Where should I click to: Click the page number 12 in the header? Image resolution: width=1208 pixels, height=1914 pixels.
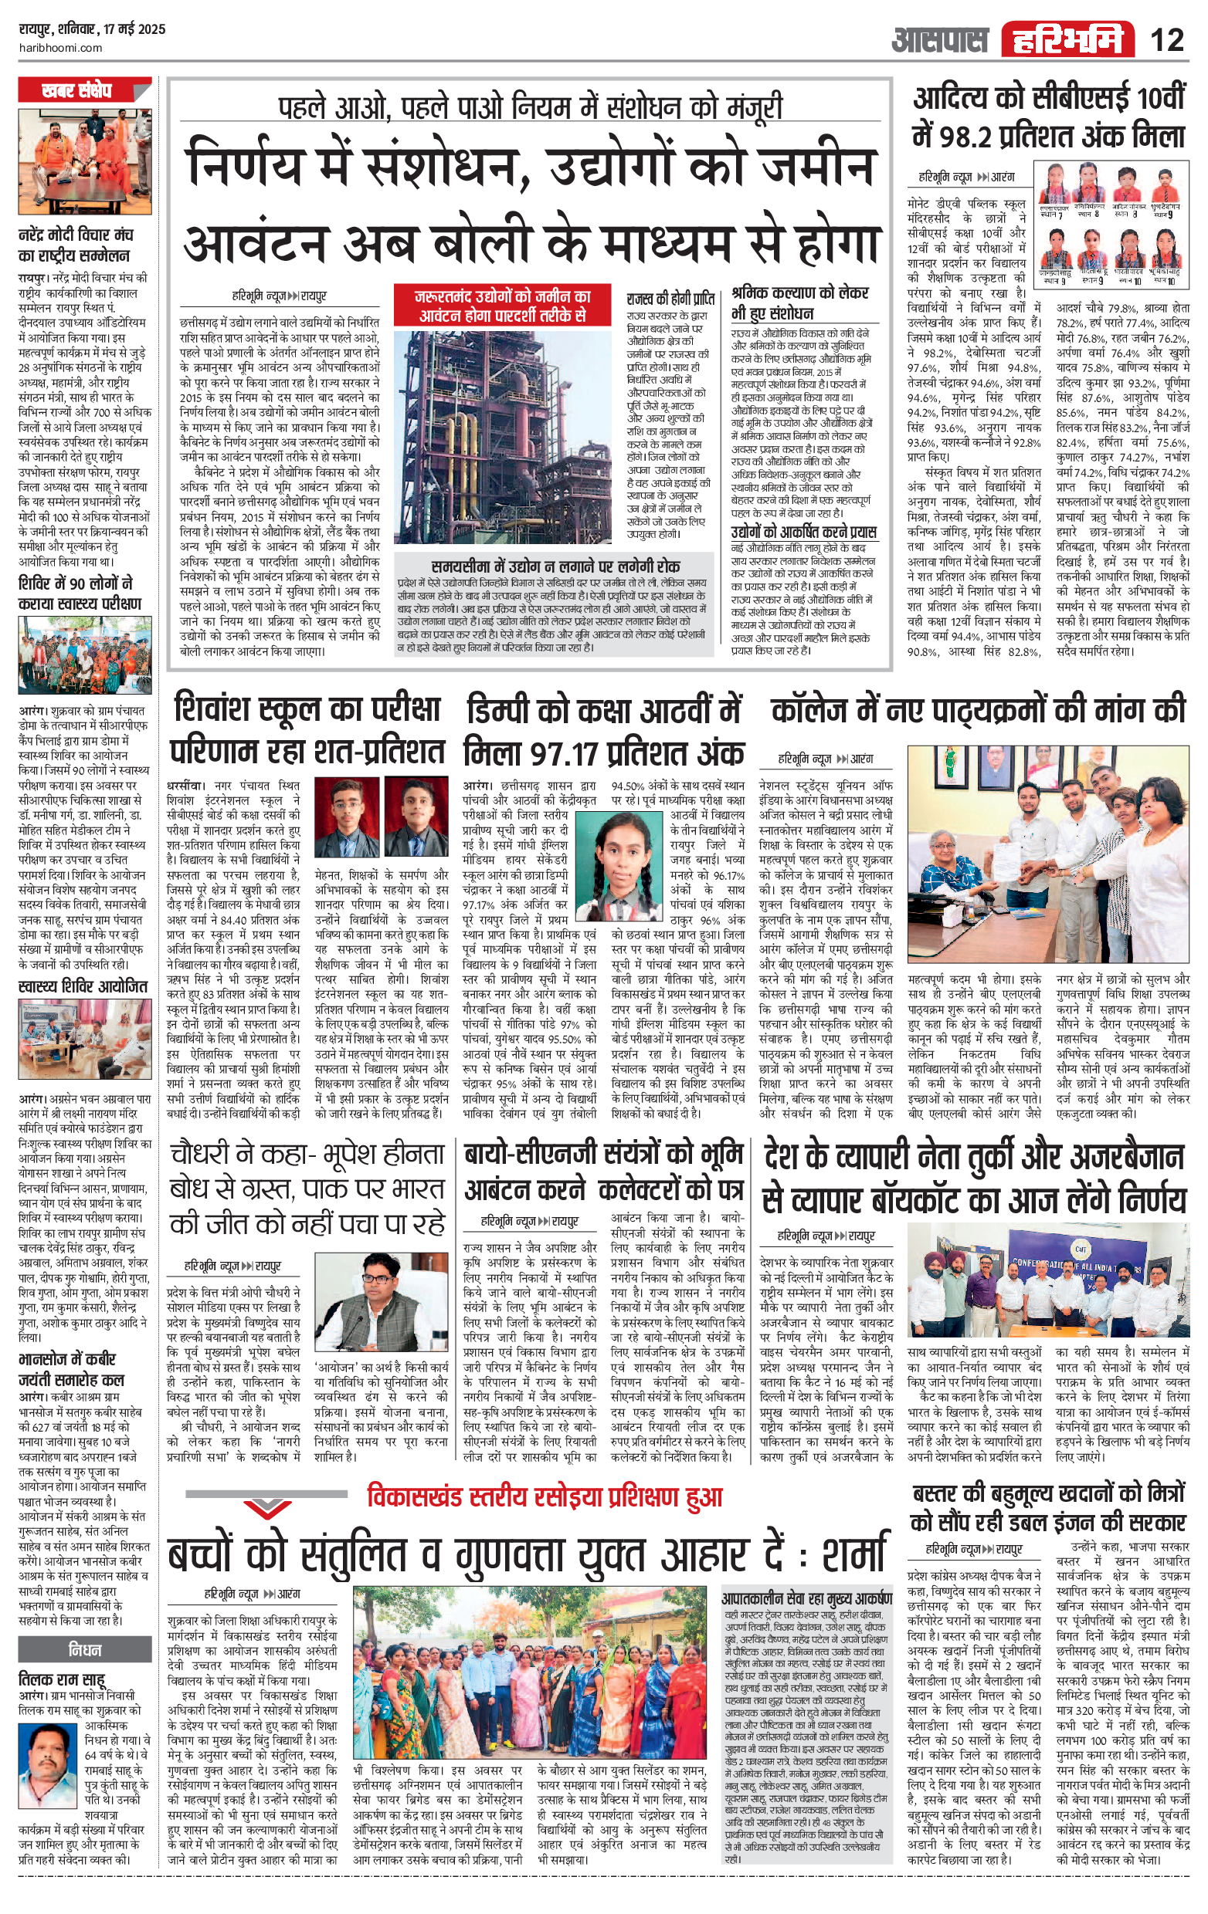tap(1166, 39)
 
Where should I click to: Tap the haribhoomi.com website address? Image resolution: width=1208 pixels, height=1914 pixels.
tap(60, 48)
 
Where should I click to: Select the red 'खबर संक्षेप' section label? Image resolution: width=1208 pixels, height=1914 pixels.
tap(77, 91)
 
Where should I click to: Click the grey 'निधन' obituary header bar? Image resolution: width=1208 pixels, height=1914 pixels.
tap(84, 1650)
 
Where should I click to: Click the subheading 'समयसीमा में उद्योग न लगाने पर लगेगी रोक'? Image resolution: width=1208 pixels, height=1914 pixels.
tap(555, 565)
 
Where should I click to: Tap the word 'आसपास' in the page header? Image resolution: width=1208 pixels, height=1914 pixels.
tap(939, 39)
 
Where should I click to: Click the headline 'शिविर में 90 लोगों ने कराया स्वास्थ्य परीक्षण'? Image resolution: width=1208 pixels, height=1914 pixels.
tap(80, 593)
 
